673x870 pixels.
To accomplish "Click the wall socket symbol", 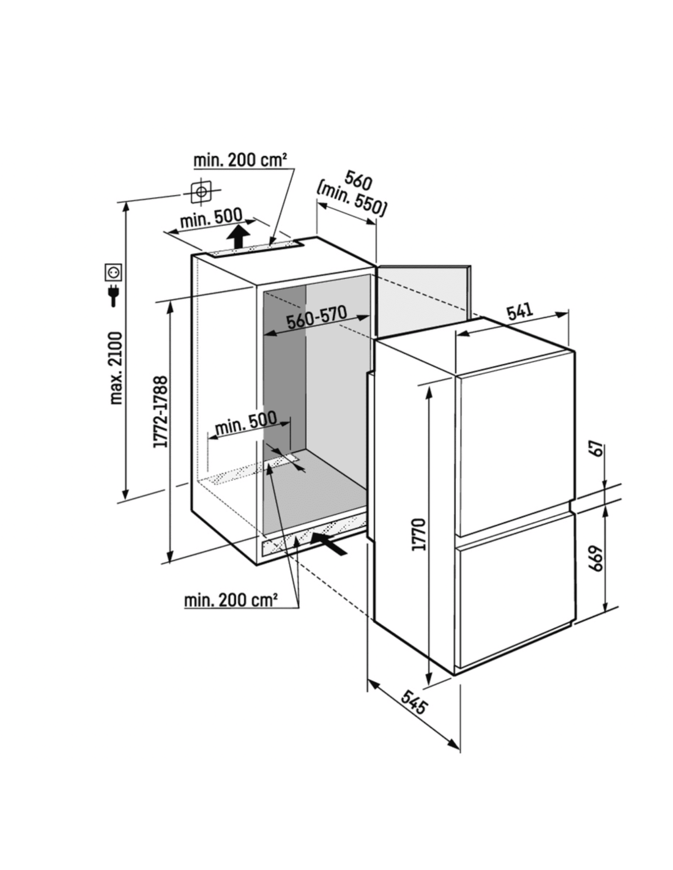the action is [113, 272].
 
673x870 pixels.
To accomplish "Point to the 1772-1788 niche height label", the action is [160, 412].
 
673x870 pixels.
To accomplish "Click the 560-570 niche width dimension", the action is [316, 317].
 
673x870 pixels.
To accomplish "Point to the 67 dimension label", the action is [597, 449].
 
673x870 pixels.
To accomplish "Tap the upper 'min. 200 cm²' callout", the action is [240, 160].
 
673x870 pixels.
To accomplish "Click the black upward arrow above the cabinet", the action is [237, 237].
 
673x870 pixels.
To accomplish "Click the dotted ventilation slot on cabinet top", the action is [253, 248].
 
